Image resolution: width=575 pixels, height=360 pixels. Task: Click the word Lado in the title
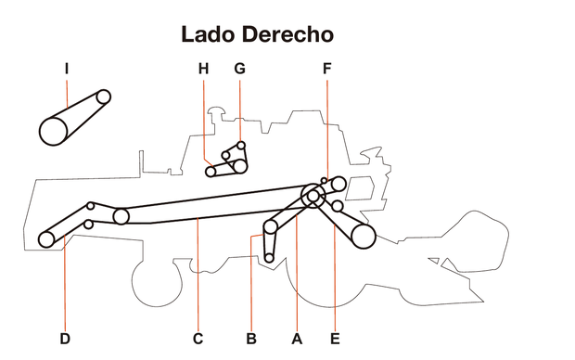[x=210, y=35]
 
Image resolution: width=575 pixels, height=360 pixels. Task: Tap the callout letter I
[x=68, y=68]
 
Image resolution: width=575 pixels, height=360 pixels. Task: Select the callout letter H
[x=204, y=68]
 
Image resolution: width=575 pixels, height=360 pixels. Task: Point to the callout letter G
[x=239, y=68]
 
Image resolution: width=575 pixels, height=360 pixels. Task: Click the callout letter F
[x=326, y=68]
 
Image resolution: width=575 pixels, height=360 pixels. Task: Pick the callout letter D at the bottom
[x=65, y=339]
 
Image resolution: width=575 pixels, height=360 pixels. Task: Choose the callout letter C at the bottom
[x=198, y=339]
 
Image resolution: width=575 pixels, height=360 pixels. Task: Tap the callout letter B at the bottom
[x=250, y=339]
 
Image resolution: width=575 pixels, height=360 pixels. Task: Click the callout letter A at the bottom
[x=297, y=339]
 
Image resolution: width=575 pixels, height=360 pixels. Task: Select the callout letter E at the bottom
[x=335, y=339]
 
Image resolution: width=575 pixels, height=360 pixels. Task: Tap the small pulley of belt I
[x=104, y=96]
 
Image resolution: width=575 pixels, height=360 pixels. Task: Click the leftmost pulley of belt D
[x=46, y=239]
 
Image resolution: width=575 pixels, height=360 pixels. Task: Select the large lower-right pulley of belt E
[x=363, y=237]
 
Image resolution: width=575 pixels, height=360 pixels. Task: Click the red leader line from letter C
[x=198, y=278]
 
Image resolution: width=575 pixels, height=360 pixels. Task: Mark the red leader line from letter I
[x=68, y=93]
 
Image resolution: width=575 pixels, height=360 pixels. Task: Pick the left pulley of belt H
[x=211, y=171]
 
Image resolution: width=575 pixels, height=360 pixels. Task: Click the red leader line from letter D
[x=65, y=288]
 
